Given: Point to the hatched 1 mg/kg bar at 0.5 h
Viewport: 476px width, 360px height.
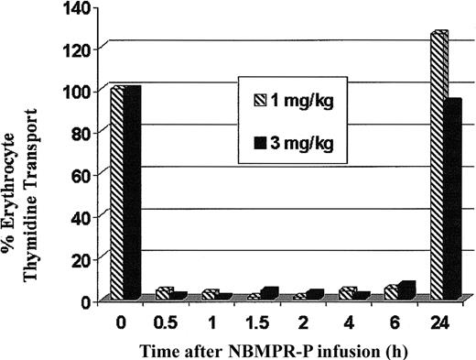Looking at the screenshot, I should click(x=163, y=293).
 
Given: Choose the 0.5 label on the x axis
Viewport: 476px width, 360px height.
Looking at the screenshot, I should click(x=170, y=322).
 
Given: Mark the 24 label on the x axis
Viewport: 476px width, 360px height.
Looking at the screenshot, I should click(x=448, y=322).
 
